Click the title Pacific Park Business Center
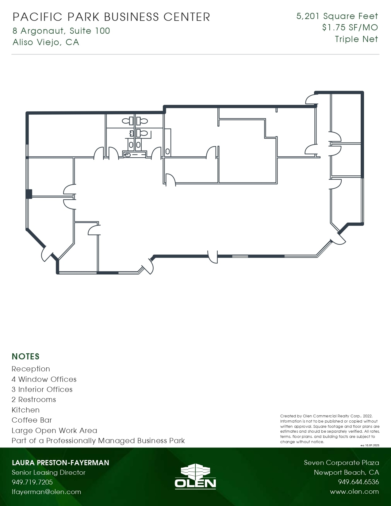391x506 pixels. click(x=111, y=17)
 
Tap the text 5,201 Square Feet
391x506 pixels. click(x=337, y=16)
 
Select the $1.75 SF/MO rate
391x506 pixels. click(x=350, y=28)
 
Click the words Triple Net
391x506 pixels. click(x=356, y=39)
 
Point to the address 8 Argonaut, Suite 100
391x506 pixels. click(x=61, y=31)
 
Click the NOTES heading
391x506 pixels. click(x=26, y=356)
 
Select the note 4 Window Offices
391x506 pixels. click(x=44, y=379)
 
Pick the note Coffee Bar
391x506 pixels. click(x=32, y=420)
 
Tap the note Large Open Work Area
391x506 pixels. click(x=54, y=431)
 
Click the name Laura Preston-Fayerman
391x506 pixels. click(x=60, y=463)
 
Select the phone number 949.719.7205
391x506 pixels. click(x=32, y=482)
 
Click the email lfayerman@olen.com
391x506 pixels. click(x=46, y=492)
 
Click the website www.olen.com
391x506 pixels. click(x=354, y=492)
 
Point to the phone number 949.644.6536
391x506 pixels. click(x=358, y=482)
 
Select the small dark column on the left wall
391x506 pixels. click(x=29, y=194)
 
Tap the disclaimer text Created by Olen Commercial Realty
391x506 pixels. click(x=326, y=416)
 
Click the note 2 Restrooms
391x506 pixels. click(x=34, y=400)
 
